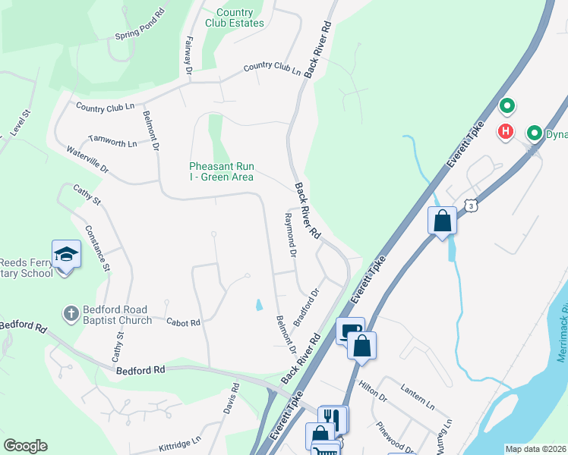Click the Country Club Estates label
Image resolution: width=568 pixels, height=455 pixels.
(x=239, y=17)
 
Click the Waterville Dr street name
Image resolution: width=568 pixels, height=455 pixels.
(x=88, y=158)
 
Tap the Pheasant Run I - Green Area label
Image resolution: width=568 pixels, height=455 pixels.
(x=222, y=171)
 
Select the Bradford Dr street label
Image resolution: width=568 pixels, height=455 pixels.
(x=308, y=303)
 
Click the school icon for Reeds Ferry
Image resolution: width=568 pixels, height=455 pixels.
(x=66, y=255)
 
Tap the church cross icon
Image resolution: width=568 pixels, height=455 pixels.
(x=70, y=313)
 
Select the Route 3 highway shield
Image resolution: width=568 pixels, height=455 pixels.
(x=472, y=206)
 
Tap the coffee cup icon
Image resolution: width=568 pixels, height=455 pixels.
(x=349, y=330)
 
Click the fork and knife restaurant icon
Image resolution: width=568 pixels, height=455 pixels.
(x=332, y=416)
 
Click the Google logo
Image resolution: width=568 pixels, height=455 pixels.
(x=25, y=446)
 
